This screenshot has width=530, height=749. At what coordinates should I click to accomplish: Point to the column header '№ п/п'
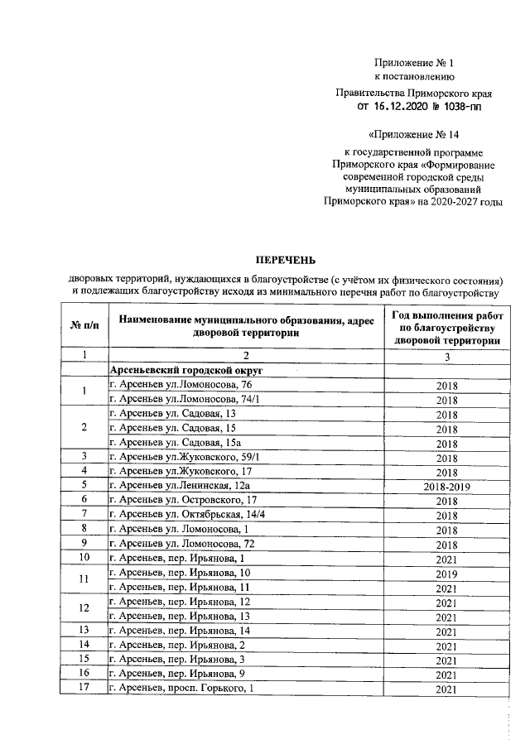click(84, 325)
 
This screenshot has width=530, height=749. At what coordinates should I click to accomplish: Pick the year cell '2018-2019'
click(446, 485)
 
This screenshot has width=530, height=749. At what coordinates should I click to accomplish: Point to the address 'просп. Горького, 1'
click(203, 689)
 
